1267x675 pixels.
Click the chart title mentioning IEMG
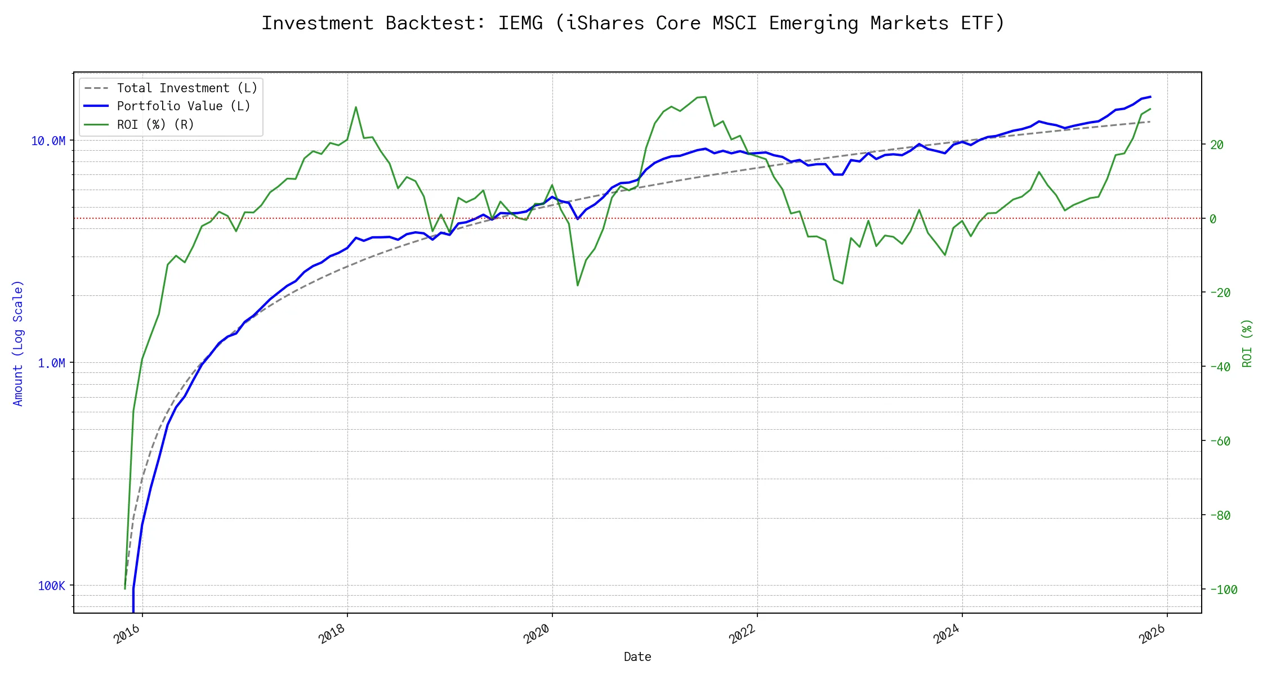coord(633,23)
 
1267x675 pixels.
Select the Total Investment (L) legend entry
coord(186,88)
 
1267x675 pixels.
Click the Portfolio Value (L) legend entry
coord(183,106)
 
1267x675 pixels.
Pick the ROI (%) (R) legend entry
coord(155,125)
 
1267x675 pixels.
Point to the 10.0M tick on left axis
coord(48,141)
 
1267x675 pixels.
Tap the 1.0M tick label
coord(51,363)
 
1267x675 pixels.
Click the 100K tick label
coord(51,586)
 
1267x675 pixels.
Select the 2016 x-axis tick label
coord(127,634)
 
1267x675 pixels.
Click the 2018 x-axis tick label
coord(332,634)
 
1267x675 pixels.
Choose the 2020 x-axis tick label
coord(537,634)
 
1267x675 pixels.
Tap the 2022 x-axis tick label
coord(742,634)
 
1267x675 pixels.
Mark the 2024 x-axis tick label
coord(947,634)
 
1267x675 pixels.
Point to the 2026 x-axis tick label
coord(1152,634)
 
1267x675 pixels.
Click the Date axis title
coord(637,657)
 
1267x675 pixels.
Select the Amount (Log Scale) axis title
coord(18,343)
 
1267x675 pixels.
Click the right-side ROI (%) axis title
coord(1247,343)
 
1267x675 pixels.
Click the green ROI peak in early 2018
coord(356,107)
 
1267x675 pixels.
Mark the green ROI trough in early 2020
coord(578,285)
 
